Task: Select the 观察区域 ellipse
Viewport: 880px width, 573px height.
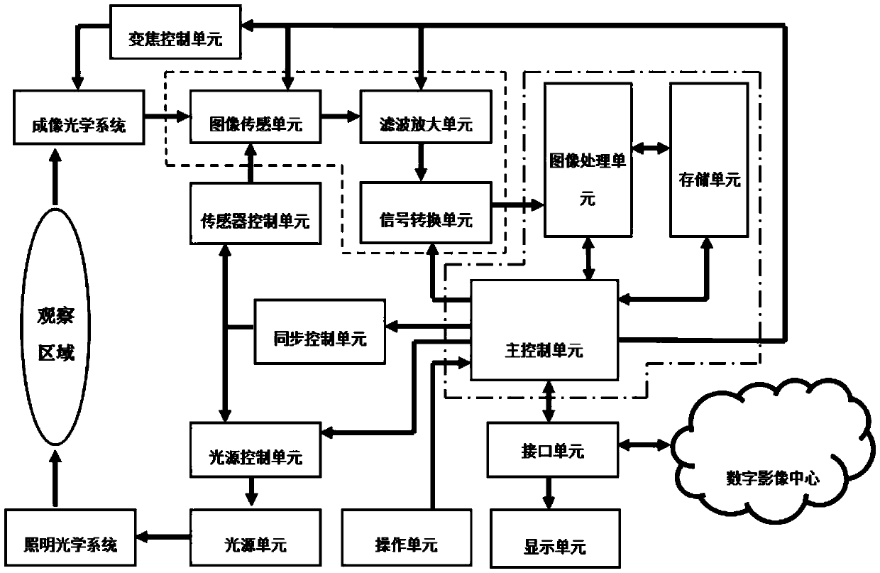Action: [x=55, y=335]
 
